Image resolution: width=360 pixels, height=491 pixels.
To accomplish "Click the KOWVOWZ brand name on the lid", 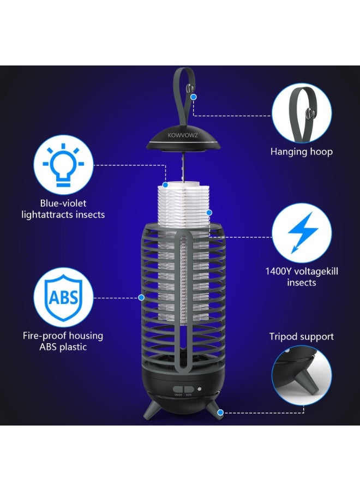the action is [183, 135].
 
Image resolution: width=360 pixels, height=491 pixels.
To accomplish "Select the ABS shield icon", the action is [64, 297].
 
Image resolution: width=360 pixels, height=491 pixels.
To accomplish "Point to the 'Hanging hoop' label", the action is [302, 152].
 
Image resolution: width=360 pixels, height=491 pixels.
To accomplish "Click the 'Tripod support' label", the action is [302, 337].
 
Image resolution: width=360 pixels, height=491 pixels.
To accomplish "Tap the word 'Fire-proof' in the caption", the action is [44, 336].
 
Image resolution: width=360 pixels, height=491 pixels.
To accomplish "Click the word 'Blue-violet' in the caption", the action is [63, 203].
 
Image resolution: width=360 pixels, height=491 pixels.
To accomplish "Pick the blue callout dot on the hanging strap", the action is [194, 97].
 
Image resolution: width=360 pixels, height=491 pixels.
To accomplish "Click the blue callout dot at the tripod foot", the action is [220, 412].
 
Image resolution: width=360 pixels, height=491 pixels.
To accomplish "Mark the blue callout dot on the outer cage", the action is [141, 297].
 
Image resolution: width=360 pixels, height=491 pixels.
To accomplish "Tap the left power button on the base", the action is [178, 390].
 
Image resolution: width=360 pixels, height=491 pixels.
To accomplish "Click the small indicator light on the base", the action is [199, 389].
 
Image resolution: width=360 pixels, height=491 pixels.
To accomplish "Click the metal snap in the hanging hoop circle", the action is [309, 113].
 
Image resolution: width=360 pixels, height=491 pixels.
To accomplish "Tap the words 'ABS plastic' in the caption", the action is [63, 347].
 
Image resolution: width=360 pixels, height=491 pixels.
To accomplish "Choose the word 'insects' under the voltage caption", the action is [302, 283].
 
